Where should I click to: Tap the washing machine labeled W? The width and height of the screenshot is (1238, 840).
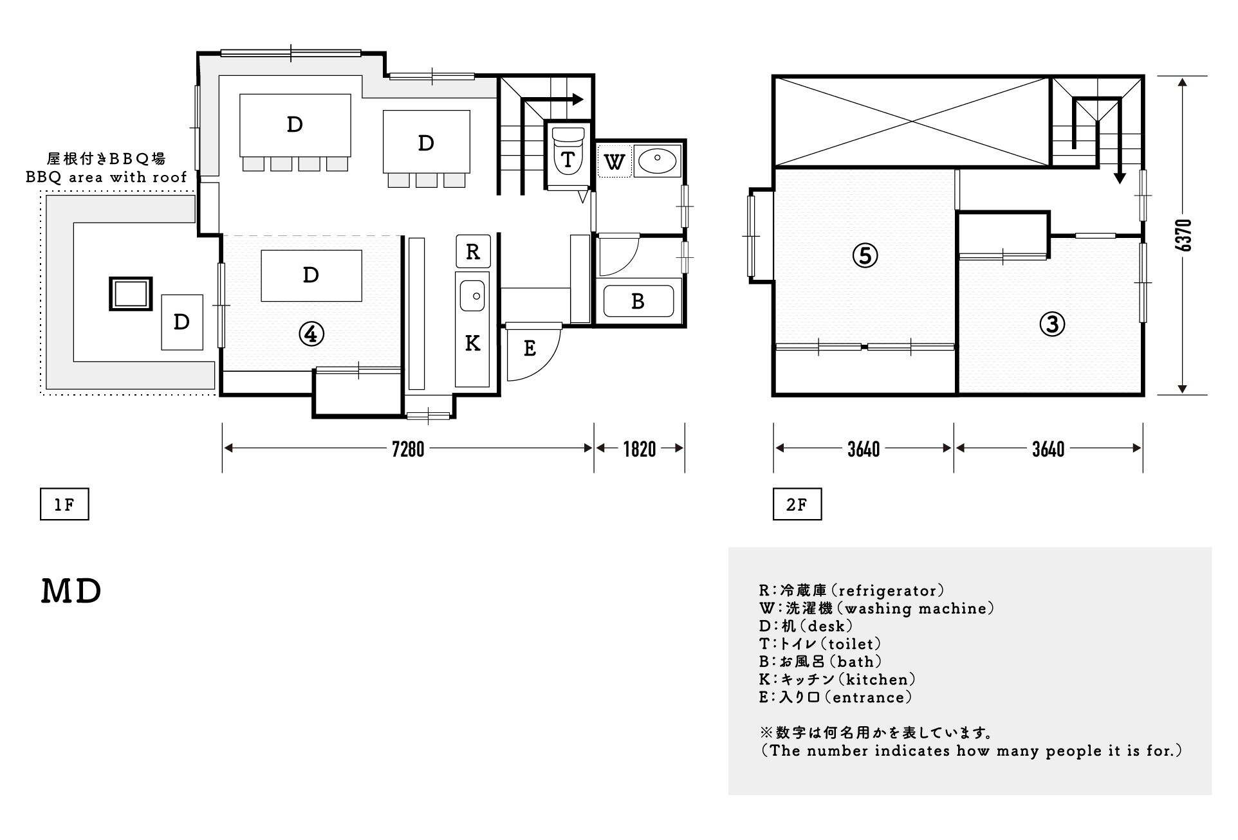(614, 161)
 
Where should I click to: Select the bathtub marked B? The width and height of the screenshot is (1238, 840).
(638, 301)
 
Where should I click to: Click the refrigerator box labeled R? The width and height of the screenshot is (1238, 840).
(473, 251)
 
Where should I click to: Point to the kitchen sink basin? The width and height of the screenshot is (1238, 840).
(473, 297)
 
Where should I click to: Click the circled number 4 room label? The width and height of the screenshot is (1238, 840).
(311, 334)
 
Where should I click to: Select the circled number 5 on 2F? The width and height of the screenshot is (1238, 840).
(865, 256)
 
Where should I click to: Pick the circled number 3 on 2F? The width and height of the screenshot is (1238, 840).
(1052, 325)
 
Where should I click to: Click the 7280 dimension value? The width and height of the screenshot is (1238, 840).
(409, 449)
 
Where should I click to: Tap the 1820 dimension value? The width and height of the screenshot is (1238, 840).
(640, 449)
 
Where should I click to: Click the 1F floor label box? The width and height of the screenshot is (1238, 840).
(64, 505)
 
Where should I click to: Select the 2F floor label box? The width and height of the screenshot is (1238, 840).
(797, 505)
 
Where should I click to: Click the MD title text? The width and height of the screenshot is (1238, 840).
(71, 592)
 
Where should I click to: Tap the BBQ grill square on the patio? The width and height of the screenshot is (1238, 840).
(131, 294)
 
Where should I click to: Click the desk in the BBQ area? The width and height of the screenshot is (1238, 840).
(182, 322)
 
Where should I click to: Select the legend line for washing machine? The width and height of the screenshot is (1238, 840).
(876, 608)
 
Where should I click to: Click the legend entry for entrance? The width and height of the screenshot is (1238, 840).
(835, 697)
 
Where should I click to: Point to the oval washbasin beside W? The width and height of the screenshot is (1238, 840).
(656, 160)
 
